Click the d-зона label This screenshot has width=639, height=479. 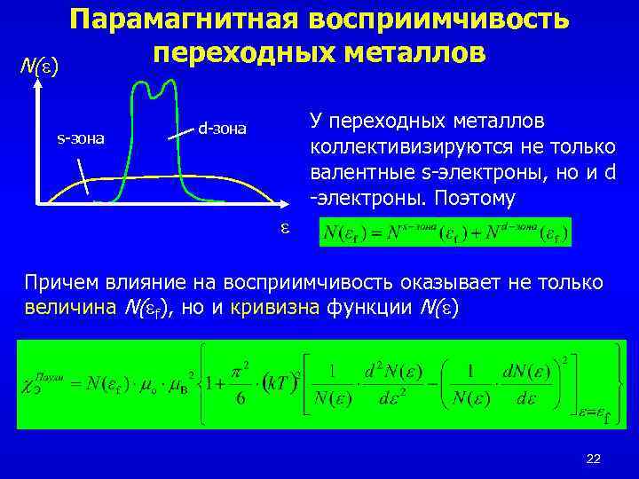[x=222, y=129]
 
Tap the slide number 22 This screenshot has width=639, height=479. [x=594, y=458]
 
